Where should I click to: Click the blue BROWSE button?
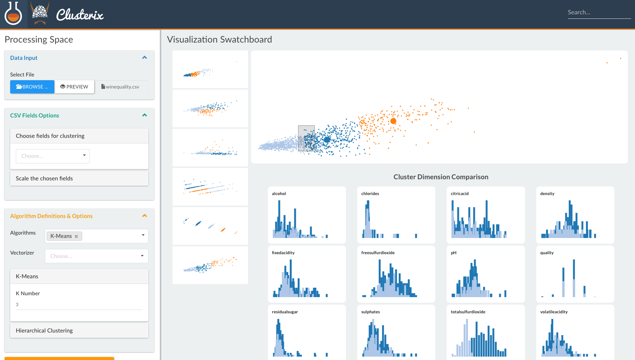click(x=32, y=87)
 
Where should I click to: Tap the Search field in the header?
click(x=599, y=12)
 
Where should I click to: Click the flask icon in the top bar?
click(x=13, y=14)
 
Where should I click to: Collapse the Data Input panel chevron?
click(x=144, y=58)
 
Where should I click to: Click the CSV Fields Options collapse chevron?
click(x=144, y=115)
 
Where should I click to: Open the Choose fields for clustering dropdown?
click(x=53, y=156)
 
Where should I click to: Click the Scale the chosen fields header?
click(x=79, y=178)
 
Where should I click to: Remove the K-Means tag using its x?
click(x=76, y=236)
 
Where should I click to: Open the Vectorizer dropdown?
click(x=96, y=256)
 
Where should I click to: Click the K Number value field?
click(x=79, y=305)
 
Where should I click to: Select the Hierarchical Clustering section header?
click(x=79, y=331)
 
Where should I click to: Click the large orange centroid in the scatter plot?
click(x=393, y=121)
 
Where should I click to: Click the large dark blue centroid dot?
click(x=327, y=140)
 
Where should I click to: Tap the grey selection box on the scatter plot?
click(x=306, y=138)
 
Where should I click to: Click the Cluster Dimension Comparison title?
click(x=441, y=177)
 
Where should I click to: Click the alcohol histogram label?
click(x=279, y=194)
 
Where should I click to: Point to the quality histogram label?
click(x=547, y=253)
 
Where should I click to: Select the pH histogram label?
click(x=453, y=253)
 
